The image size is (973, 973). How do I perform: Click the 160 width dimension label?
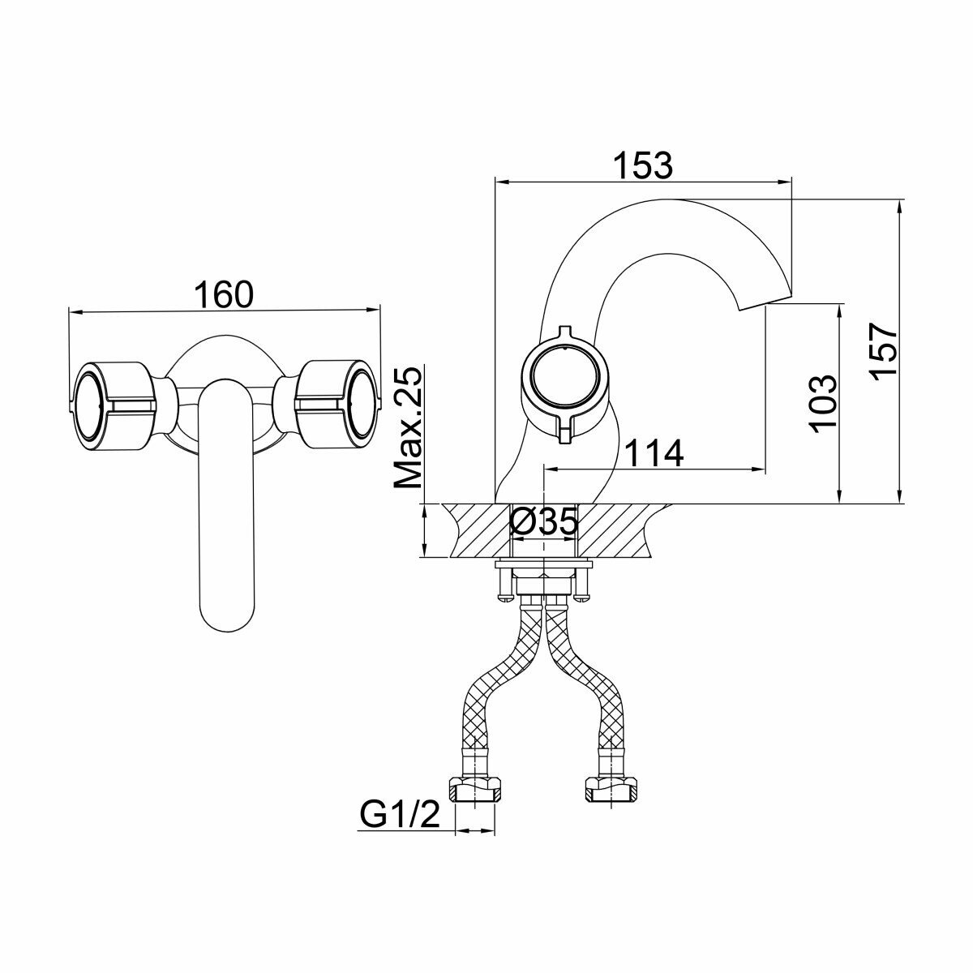coord(223,294)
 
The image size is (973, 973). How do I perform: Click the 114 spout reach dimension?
coord(654,453)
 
